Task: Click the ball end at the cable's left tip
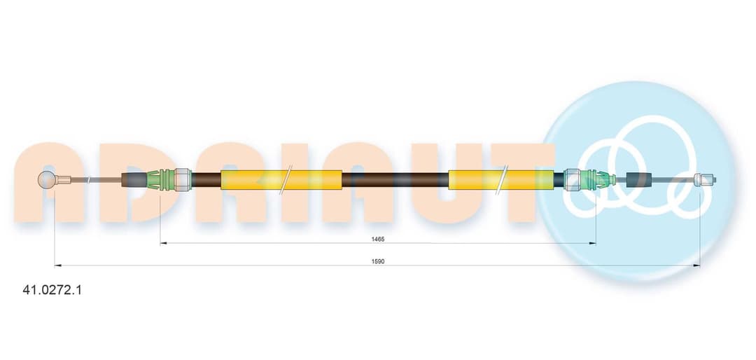47,181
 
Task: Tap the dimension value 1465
377,239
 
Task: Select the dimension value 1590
378,261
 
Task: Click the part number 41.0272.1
52,290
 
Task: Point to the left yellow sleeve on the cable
281,180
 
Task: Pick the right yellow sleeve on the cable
501,180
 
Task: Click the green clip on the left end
160,180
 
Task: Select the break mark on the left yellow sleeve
288,180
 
